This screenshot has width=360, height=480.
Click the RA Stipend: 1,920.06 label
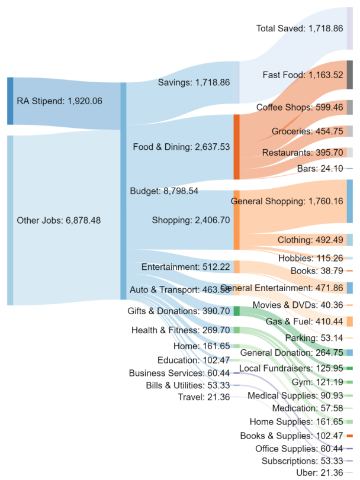tap(59, 101)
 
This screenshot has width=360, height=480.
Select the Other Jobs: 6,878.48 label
tap(59, 220)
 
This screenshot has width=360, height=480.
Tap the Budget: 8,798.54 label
tap(163, 191)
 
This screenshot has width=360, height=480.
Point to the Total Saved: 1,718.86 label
tap(300, 28)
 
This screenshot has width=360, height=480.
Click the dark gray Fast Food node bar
tap(350, 75)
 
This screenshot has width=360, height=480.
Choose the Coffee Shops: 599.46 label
tap(300, 107)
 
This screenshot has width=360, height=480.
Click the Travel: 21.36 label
tap(204, 397)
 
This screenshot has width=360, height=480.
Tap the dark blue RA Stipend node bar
tap(9, 101)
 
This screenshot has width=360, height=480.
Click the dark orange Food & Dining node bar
tap(237, 147)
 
